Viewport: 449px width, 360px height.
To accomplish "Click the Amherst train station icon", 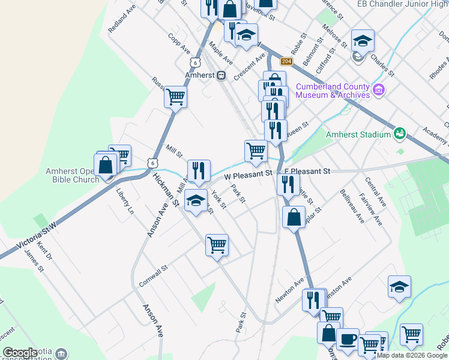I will pyautogui.click(x=221, y=76).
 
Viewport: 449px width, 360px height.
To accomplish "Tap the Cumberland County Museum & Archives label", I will pyautogui.click(x=332, y=91).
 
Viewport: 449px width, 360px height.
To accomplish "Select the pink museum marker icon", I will pyautogui.click(x=378, y=91).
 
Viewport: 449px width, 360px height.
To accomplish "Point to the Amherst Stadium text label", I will pyautogui.click(x=358, y=134).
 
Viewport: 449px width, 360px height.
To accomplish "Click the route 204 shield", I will pyautogui.click(x=286, y=62).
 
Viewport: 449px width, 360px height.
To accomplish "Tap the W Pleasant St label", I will pyautogui.click(x=248, y=175).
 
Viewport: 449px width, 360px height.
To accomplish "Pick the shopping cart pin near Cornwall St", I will pyautogui.click(x=217, y=244).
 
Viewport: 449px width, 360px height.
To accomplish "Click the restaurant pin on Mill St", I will pyautogui.click(x=199, y=170).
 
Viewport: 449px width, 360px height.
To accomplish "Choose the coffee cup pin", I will pyautogui.click(x=347, y=338).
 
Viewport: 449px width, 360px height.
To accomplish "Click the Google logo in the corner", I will pyautogui.click(x=20, y=353).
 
